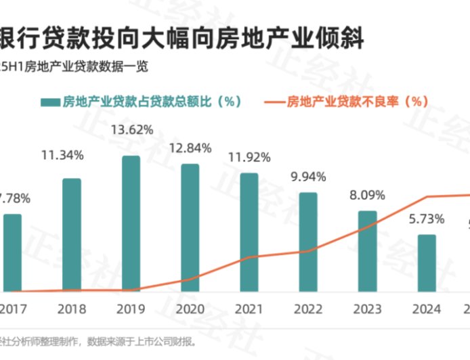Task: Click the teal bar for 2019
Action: (x=131, y=223)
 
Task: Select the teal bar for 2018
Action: (x=72, y=235)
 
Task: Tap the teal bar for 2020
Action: (x=190, y=227)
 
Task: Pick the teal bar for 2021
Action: (x=249, y=232)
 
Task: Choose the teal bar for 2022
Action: (x=308, y=242)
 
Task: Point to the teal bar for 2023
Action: (x=367, y=251)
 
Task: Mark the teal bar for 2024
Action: (x=426, y=263)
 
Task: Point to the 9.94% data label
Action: (x=308, y=177)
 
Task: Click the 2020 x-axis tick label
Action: (x=190, y=309)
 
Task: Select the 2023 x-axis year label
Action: (x=367, y=309)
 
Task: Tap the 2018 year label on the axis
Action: (x=72, y=309)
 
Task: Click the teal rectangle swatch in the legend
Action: (x=49, y=102)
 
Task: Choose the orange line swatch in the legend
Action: (x=273, y=102)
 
